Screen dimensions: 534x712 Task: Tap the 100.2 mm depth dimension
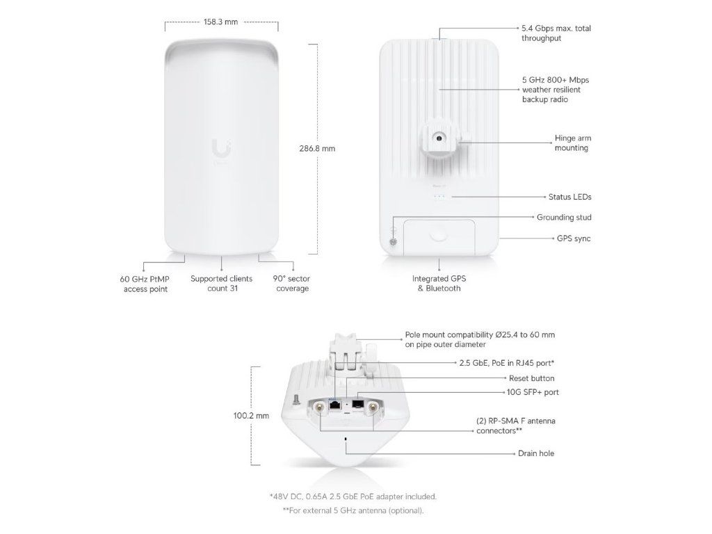(x=252, y=416)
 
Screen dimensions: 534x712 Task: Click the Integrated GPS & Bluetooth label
(x=439, y=283)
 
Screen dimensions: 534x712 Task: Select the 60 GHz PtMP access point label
(x=145, y=283)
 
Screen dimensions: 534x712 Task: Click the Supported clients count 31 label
(x=222, y=283)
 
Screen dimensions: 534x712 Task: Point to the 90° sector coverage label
(x=291, y=283)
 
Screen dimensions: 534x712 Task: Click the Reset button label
(x=533, y=378)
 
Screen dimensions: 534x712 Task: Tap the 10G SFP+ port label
(x=533, y=392)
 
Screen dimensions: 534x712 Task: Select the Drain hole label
(x=536, y=453)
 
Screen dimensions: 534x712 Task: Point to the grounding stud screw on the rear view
(x=393, y=241)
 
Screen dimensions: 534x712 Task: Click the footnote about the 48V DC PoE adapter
(x=353, y=496)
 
